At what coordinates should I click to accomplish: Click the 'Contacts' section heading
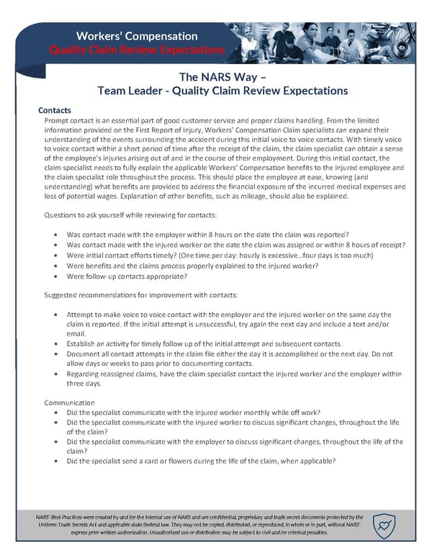click(x=55, y=110)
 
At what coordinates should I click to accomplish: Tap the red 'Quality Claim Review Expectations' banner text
click(x=136, y=50)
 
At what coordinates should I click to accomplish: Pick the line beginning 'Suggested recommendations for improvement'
click(x=143, y=295)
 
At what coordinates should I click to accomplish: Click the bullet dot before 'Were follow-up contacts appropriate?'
click(x=56, y=276)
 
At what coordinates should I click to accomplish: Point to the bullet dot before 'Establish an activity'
click(x=56, y=344)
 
